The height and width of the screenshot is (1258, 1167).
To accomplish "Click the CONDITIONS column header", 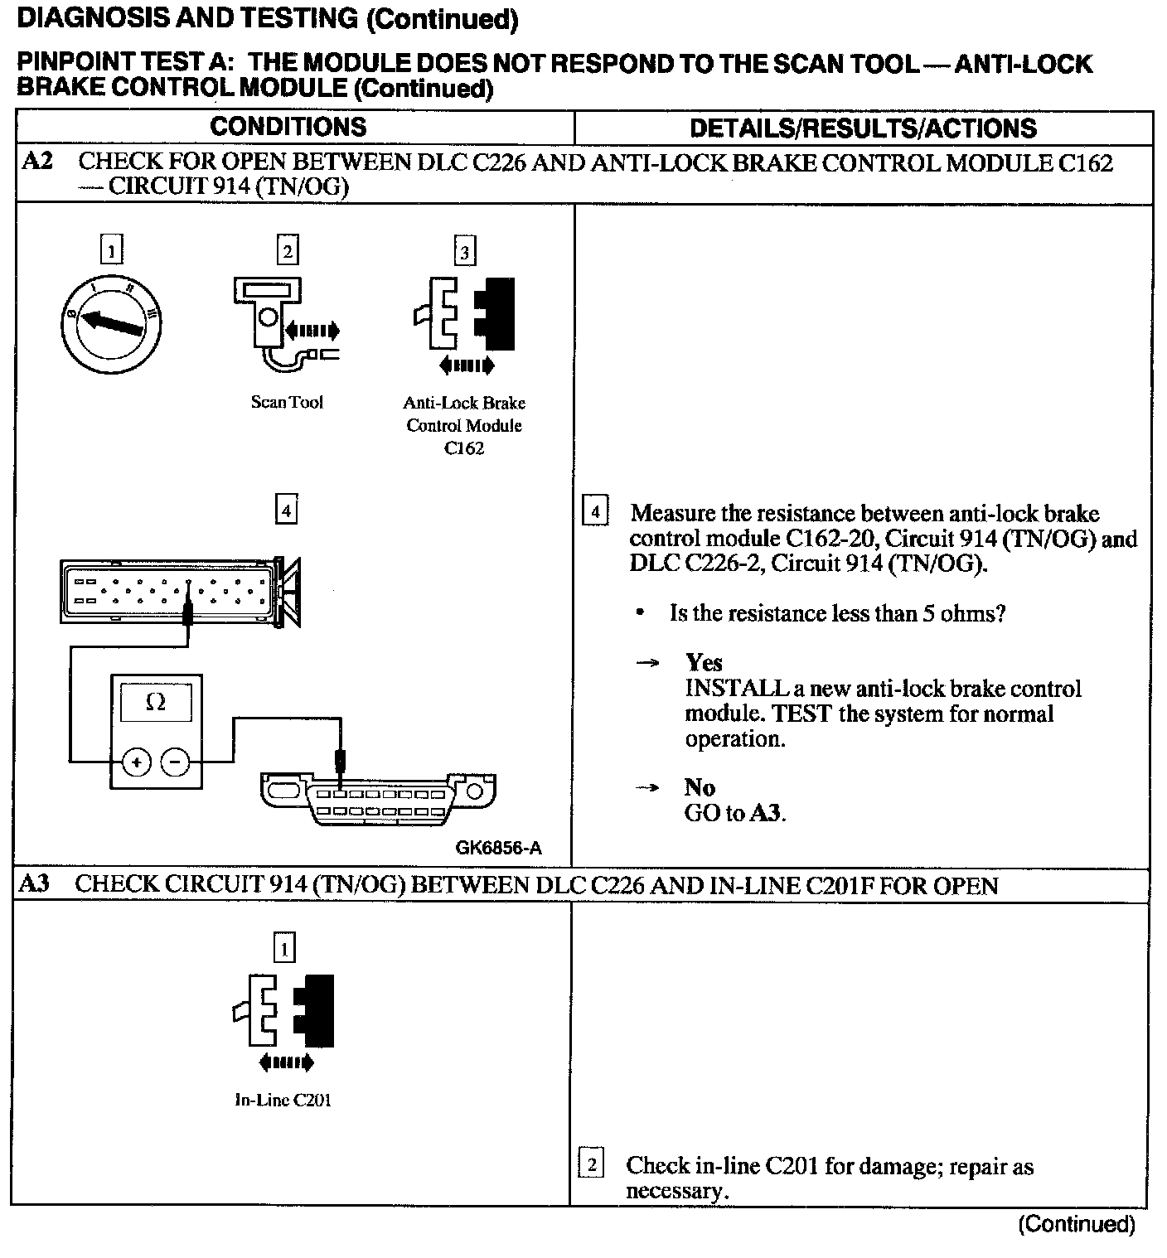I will (x=288, y=127).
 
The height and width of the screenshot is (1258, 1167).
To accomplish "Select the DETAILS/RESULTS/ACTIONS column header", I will (x=863, y=128).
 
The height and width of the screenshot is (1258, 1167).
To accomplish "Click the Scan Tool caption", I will (x=287, y=403).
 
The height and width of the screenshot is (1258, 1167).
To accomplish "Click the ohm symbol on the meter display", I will (x=155, y=703).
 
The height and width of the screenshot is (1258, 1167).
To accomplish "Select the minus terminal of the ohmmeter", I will (x=174, y=762).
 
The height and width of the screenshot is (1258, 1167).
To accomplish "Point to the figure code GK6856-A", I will (x=498, y=848).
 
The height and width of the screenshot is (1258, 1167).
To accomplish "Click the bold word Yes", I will (x=704, y=663).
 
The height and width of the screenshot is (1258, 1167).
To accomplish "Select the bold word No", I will (x=700, y=787).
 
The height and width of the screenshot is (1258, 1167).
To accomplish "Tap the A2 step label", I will (x=37, y=162).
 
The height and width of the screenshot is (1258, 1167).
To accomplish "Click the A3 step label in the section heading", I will (x=34, y=884).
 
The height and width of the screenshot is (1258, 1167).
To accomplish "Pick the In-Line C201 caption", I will (x=283, y=1101).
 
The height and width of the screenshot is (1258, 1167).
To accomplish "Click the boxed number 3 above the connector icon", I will (x=465, y=252).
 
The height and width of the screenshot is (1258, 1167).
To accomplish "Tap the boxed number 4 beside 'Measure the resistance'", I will (x=595, y=510).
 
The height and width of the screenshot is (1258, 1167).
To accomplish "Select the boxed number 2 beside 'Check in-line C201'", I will (x=591, y=1165).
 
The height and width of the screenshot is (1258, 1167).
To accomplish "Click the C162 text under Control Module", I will (x=464, y=448).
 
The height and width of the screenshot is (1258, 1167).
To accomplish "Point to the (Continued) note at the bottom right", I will (x=1076, y=1224).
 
